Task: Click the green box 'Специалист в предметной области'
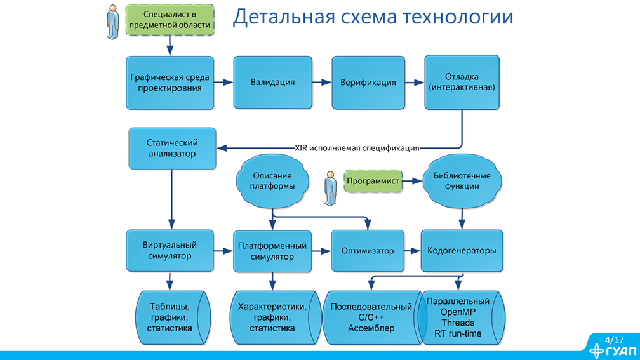click(x=170, y=19)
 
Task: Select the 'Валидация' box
click(x=272, y=83)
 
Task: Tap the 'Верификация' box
click(x=368, y=83)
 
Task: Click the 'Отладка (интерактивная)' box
click(x=461, y=83)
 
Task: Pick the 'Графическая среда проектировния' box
click(x=170, y=83)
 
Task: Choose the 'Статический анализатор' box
click(x=172, y=148)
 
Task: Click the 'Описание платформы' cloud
click(x=273, y=181)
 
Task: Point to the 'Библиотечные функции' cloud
click(x=461, y=181)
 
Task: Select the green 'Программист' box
click(x=373, y=181)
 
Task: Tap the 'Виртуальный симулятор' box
click(x=170, y=251)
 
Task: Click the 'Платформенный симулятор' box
click(x=272, y=251)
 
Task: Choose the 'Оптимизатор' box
click(x=368, y=251)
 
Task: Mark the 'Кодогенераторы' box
click(x=462, y=251)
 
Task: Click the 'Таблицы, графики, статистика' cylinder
click(x=170, y=318)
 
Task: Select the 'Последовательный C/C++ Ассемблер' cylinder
click(x=371, y=318)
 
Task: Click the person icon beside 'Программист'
click(x=330, y=188)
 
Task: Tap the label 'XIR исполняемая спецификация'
click(x=357, y=148)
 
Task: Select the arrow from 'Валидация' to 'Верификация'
click(x=322, y=83)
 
